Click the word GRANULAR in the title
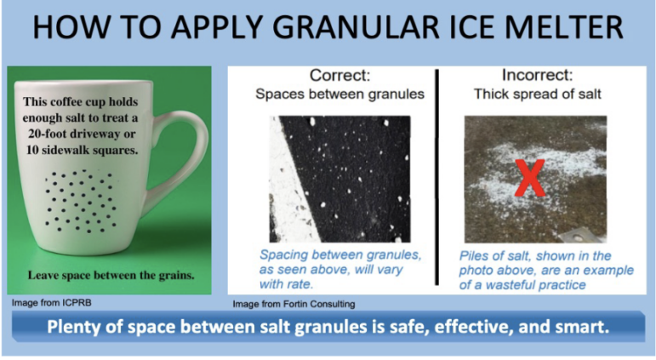[356, 26]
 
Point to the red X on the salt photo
[530, 178]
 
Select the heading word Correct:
[340, 76]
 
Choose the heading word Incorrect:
[537, 75]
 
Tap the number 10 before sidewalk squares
[31, 150]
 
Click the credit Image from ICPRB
[51, 302]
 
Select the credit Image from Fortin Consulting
[294, 304]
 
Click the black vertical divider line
[437, 178]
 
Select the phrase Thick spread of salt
[537, 94]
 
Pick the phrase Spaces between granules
[339, 94]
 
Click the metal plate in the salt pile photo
[580, 237]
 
